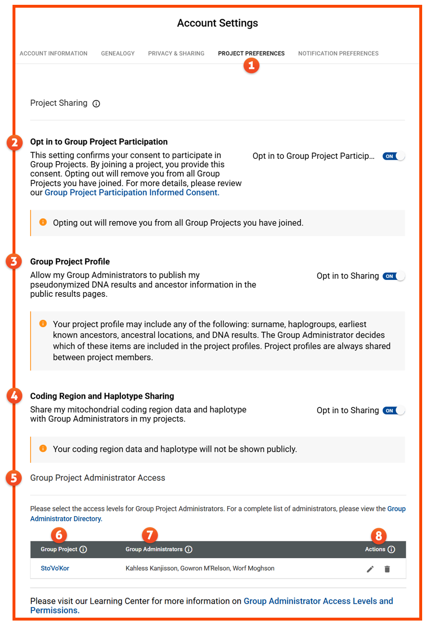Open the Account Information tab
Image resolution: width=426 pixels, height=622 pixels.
point(53,53)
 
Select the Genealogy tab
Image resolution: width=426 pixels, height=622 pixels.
point(117,53)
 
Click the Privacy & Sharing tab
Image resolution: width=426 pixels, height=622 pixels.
point(176,53)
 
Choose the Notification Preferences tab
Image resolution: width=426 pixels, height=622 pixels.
point(338,53)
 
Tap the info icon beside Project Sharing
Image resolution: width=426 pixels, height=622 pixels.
point(96,103)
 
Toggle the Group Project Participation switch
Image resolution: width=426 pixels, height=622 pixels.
point(394,156)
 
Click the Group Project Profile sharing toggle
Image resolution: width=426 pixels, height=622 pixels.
point(394,276)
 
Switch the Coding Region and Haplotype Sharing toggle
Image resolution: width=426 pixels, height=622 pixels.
point(394,410)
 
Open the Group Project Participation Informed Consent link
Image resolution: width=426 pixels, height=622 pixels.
point(131,192)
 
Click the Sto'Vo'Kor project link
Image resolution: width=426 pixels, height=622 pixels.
point(55,569)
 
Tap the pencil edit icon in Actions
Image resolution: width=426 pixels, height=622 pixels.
point(370,569)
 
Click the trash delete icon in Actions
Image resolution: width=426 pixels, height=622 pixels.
point(387,569)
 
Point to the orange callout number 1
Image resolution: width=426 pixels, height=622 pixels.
point(251,65)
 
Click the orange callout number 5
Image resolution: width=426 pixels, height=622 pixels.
point(14,478)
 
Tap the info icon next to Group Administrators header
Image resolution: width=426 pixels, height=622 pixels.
point(189,549)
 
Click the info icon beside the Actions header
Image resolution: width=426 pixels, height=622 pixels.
point(391,549)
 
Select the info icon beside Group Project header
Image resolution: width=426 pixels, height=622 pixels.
point(83,549)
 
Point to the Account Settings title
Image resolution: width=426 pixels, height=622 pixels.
point(218,23)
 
